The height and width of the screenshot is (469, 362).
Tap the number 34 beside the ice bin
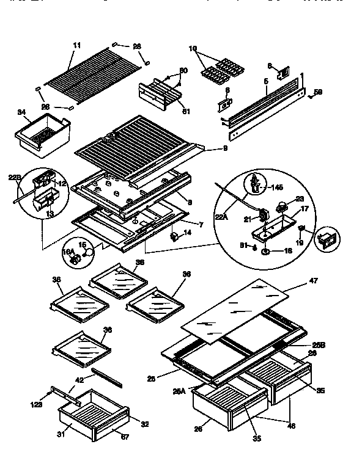21,112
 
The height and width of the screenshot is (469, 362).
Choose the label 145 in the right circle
276,187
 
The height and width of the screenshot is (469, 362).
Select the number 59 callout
317,93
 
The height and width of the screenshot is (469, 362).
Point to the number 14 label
188,233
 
